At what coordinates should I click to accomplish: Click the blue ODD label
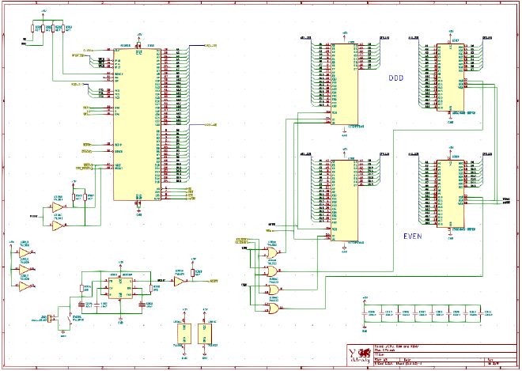click(395, 78)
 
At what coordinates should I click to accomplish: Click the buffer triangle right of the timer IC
click(180, 281)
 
